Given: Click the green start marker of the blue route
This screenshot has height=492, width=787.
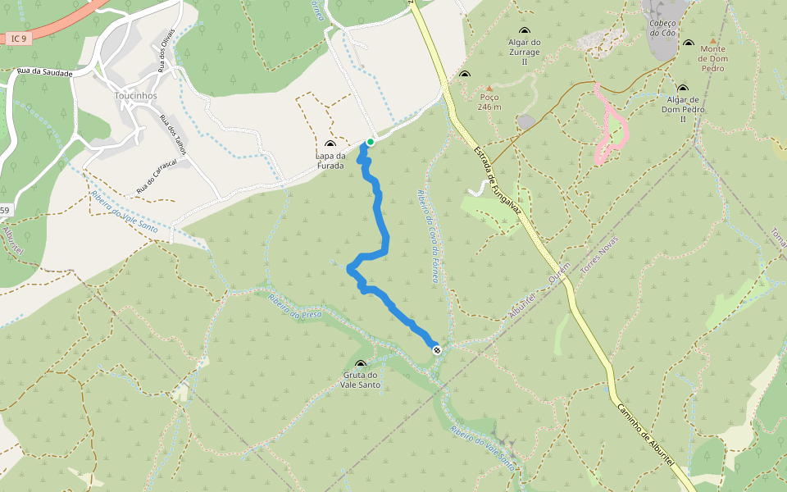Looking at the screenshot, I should (x=371, y=142).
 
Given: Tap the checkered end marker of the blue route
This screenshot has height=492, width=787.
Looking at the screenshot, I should (x=437, y=350).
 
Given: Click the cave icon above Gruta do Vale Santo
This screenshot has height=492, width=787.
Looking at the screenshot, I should (x=361, y=364).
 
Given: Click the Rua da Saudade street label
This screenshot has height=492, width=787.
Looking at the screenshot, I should (x=44, y=73).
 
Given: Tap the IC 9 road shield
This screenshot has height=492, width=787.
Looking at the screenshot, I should (x=20, y=38).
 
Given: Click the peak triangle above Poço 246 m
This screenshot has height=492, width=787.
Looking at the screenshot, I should (x=489, y=88).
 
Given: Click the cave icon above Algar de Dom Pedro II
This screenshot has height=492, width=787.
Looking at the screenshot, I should (x=682, y=89).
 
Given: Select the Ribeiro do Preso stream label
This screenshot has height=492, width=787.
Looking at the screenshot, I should (x=295, y=305).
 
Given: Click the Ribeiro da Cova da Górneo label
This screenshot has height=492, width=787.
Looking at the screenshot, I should (x=426, y=237).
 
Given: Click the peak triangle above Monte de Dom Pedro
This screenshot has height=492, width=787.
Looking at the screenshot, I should (x=712, y=40).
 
